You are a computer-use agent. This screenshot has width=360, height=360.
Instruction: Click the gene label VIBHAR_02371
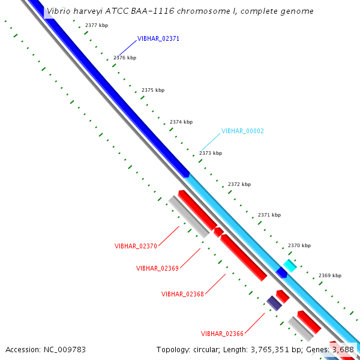click(158, 38)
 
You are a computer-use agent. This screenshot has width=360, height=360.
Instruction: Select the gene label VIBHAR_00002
click(242, 131)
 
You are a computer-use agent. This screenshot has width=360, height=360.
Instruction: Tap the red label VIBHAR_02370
click(136, 246)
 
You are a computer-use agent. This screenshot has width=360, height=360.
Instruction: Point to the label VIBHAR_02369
click(157, 268)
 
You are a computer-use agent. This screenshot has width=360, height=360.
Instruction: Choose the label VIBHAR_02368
click(182, 294)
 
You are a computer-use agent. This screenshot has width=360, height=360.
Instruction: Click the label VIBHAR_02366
click(222, 334)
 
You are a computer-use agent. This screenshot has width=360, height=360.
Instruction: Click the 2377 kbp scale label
click(97, 26)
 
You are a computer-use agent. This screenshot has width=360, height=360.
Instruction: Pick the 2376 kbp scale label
click(125, 58)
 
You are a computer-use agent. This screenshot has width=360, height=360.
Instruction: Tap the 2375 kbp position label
click(153, 90)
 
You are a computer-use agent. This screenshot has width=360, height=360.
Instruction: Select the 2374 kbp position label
click(181, 122)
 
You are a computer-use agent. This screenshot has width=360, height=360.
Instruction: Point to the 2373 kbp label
click(211, 153)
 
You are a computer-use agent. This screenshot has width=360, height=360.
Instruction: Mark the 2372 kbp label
click(239, 184)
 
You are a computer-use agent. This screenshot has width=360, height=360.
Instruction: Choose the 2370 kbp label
click(299, 245)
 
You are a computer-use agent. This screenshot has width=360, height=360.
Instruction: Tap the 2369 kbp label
click(330, 275)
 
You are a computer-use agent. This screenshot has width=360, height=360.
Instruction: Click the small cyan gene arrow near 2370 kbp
click(290, 265)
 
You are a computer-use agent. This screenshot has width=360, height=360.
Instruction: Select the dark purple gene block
click(274, 303)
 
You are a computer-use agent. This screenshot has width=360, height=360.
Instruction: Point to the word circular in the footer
click(214, 349)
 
